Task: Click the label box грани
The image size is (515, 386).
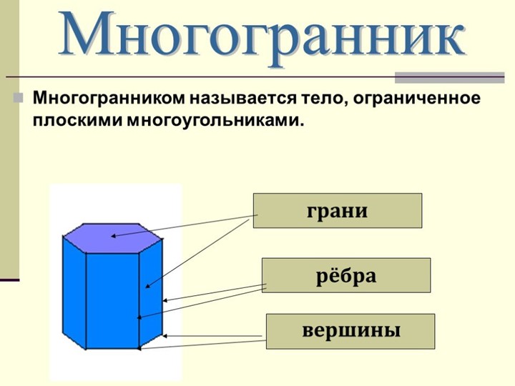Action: [338, 211]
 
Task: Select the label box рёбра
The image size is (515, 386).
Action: [346, 275]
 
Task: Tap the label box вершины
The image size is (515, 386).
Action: [350, 331]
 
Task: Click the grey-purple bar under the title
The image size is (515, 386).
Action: [450, 77]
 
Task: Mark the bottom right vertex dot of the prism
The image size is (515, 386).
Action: [139, 349]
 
